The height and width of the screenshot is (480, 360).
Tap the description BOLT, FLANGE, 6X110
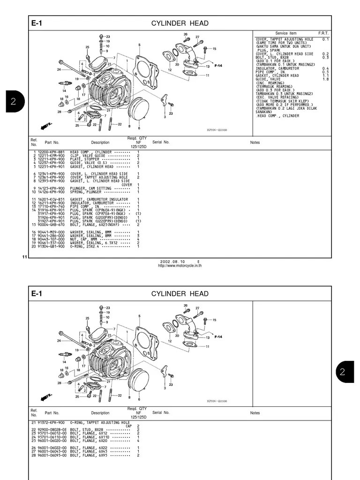pyautogui.click(x=90, y=437)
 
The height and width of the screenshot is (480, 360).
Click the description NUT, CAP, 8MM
pyautogui.click(x=84, y=239)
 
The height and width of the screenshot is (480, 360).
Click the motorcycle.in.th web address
pyautogui.click(x=180, y=265)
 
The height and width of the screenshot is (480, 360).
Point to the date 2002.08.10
pyautogui.click(x=172, y=262)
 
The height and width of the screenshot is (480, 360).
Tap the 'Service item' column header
pyautogui.click(x=285, y=33)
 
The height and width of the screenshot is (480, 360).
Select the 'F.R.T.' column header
pyautogui.click(x=323, y=33)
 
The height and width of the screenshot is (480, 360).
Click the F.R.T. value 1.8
pyautogui.click(x=326, y=79)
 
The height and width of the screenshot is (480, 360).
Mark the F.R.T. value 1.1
pyautogui.click(x=326, y=75)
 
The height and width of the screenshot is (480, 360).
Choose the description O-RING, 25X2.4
pyautogui.click(x=89, y=246)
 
